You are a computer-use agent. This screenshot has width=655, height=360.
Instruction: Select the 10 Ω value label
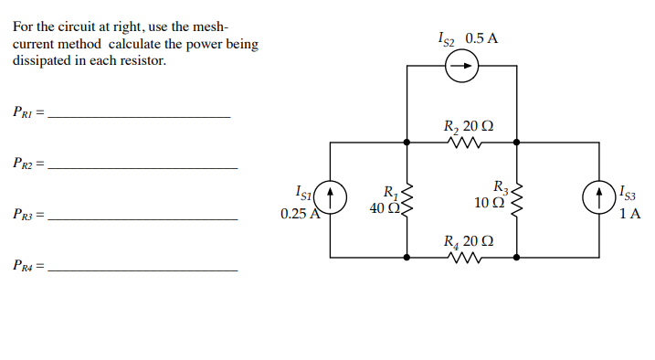click(x=489, y=203)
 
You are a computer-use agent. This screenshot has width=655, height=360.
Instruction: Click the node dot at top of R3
click(x=517, y=143)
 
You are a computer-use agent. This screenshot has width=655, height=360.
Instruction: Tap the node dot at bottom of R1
click(x=407, y=258)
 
